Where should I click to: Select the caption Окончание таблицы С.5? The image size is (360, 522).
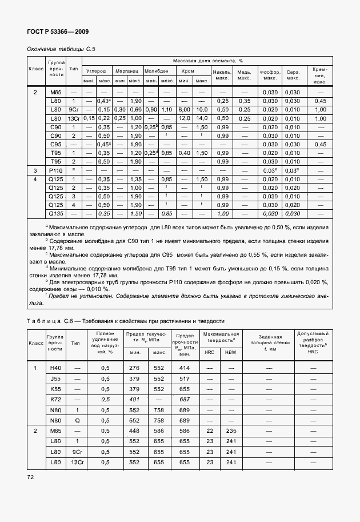tap(61, 49)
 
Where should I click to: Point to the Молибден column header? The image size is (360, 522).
tap(158, 71)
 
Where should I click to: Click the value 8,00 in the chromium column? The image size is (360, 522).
tap(186, 109)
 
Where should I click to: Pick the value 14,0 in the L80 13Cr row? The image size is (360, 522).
tap(202, 118)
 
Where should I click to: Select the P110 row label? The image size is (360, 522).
tap(55, 170)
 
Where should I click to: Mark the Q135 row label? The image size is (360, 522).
tap(55, 213)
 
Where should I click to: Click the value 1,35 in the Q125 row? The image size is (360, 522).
tap(135, 179)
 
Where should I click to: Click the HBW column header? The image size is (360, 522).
tap(231, 352)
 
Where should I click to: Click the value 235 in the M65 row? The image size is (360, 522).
tap(231, 431)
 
